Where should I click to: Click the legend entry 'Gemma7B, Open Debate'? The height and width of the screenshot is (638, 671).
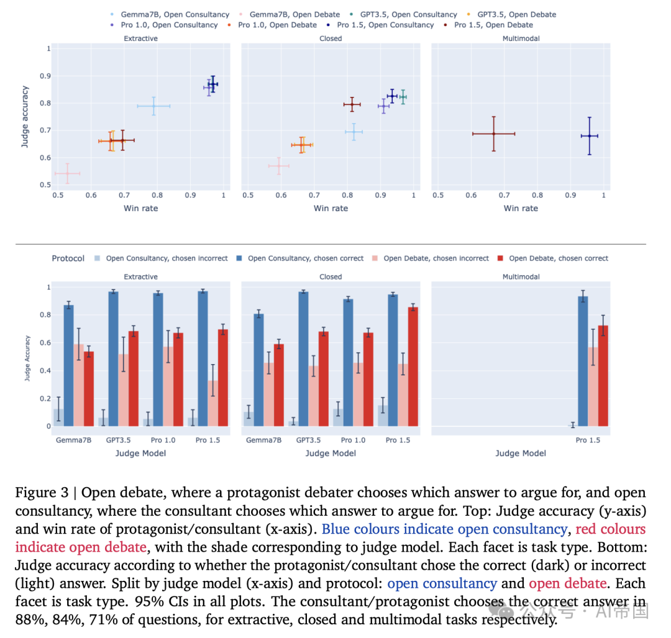(x=294, y=14)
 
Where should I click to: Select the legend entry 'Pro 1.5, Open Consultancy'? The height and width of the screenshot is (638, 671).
(x=385, y=25)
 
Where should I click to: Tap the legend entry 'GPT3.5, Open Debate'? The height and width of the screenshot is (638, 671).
(x=516, y=14)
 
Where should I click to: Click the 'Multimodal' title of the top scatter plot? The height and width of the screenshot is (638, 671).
(x=521, y=39)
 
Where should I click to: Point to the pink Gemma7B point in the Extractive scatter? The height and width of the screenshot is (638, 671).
(x=67, y=173)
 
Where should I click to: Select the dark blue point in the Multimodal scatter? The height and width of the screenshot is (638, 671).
(x=589, y=135)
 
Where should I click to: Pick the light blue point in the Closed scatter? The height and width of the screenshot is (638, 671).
(x=354, y=132)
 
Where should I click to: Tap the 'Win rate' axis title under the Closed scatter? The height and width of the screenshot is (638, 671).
(x=331, y=208)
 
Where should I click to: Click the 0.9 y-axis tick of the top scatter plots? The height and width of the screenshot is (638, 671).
(x=44, y=76)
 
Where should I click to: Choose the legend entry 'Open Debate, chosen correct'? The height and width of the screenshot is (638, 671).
(x=558, y=258)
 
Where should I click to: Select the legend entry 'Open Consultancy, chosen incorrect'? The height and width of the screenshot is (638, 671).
(x=167, y=258)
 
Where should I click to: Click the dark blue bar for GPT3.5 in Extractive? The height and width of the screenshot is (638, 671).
(x=114, y=358)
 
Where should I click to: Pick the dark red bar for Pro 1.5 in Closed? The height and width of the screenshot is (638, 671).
(x=413, y=367)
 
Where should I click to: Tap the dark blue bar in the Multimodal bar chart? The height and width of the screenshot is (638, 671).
(x=583, y=361)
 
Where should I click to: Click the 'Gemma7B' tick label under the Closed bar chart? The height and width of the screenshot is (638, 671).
(x=263, y=440)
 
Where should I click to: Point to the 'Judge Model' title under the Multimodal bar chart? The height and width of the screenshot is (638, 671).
(x=521, y=453)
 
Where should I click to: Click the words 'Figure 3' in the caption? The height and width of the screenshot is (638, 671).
(x=38, y=493)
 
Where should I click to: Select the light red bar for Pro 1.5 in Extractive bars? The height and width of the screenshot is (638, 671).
(x=212, y=403)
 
